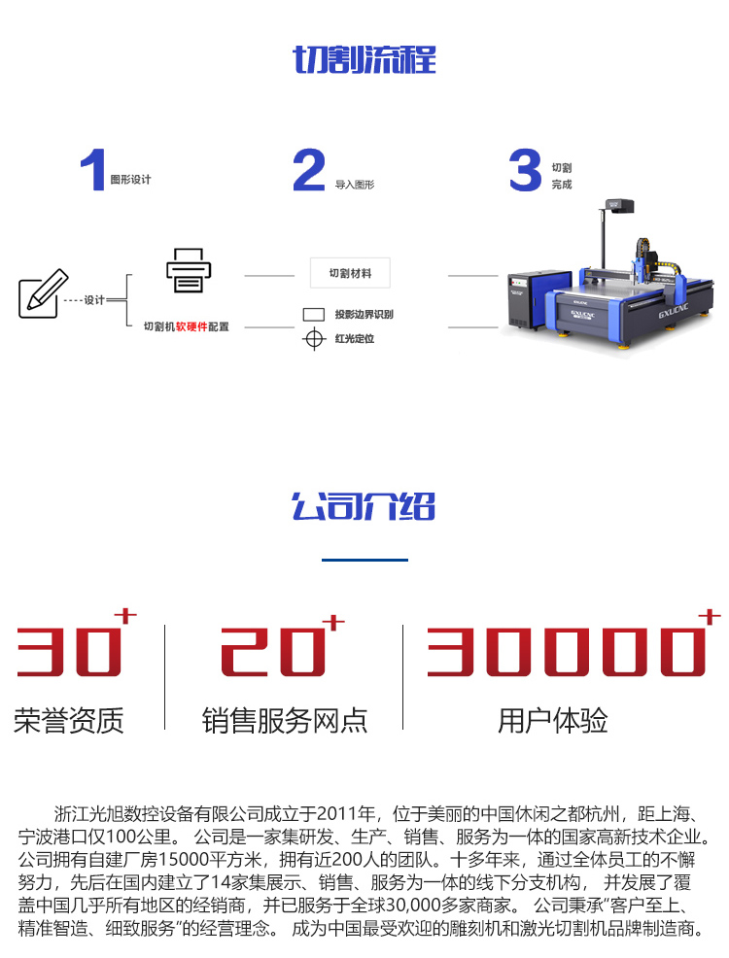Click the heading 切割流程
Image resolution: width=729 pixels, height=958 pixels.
pyautogui.click(x=364, y=59)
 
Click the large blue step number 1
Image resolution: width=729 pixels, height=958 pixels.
pyautogui.click(x=93, y=170)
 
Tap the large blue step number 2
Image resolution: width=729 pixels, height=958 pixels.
pyautogui.click(x=308, y=170)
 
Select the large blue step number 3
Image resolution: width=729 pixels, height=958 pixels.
pyautogui.click(x=525, y=170)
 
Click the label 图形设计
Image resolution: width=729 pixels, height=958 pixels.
pyautogui.click(x=130, y=180)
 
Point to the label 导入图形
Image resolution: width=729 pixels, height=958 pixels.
pyautogui.click(x=355, y=185)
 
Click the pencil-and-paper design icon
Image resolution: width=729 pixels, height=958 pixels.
pyautogui.click(x=43, y=293)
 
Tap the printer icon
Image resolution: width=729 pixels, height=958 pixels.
pyautogui.click(x=189, y=271)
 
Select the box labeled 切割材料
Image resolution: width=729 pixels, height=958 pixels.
pyautogui.click(x=350, y=273)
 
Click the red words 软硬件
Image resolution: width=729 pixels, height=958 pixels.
pyautogui.click(x=191, y=326)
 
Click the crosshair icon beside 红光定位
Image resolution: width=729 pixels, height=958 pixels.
pyautogui.click(x=314, y=338)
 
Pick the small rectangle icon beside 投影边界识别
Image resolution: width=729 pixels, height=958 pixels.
pyautogui.click(x=314, y=315)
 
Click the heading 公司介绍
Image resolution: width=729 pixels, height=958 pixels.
pyautogui.click(x=364, y=506)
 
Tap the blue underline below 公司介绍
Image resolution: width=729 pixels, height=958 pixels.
pyautogui.click(x=364, y=560)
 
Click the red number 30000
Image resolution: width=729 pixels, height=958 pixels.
pyautogui.click(x=567, y=651)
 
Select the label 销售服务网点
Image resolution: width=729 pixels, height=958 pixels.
pyautogui.click(x=285, y=720)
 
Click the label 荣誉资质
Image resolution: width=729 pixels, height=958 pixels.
pyautogui.click(x=68, y=720)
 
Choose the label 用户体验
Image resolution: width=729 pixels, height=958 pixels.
pyautogui.click(x=553, y=720)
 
